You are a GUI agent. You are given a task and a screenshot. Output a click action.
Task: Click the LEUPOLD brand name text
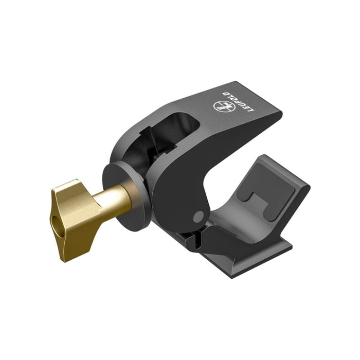(238, 101)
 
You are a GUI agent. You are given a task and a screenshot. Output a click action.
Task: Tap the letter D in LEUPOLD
(225, 93)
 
